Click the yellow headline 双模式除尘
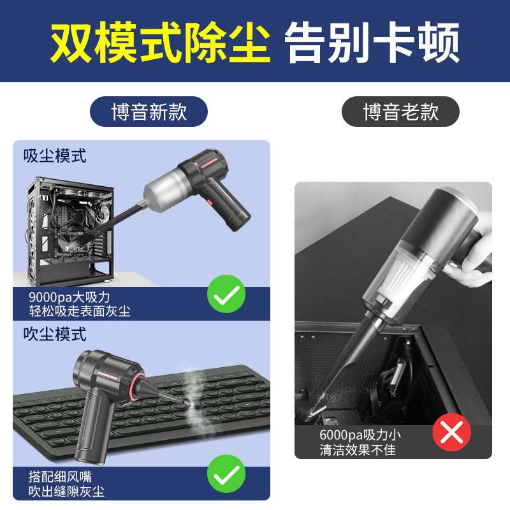tap(160, 42)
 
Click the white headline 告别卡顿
tap(372, 42)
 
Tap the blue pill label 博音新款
tap(149, 112)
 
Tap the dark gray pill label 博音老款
tap(400, 112)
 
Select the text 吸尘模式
tap(55, 156)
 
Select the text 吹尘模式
tap(55, 334)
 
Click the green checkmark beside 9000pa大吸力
tap(226, 294)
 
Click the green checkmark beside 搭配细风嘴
tap(226, 474)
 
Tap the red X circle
tap(451, 432)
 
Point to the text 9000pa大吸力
tap(69, 297)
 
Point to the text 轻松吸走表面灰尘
tap(80, 311)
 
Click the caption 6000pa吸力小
tap(360, 435)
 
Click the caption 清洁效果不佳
tap(358, 450)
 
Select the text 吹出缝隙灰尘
tap(66, 491)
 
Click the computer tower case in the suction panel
tap(70, 231)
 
